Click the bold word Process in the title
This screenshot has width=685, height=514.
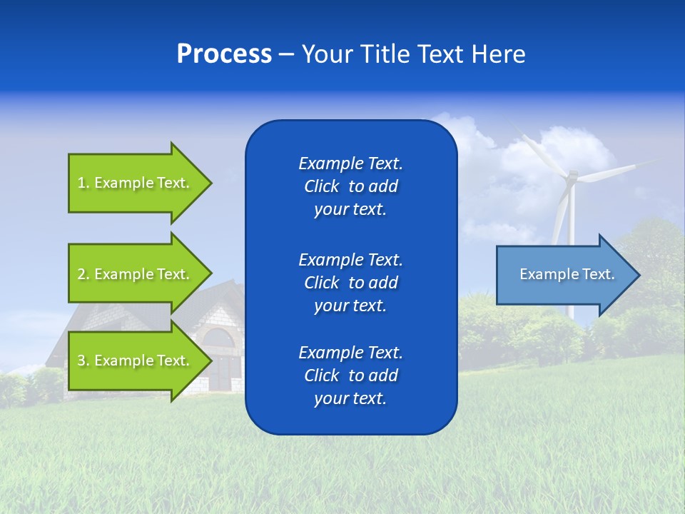(224, 54)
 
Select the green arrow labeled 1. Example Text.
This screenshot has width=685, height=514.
(136, 183)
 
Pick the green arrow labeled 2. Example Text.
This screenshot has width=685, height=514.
(136, 274)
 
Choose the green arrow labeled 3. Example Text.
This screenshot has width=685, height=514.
(136, 361)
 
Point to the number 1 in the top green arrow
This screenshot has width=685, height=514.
(82, 183)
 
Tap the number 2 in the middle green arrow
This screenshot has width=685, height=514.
(82, 274)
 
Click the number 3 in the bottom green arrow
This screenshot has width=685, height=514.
(82, 361)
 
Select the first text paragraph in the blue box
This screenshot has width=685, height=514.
(350, 186)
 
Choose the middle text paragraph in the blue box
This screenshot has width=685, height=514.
(350, 283)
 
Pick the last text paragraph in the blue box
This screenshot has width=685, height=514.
(350, 376)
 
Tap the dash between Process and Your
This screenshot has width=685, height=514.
(286, 55)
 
